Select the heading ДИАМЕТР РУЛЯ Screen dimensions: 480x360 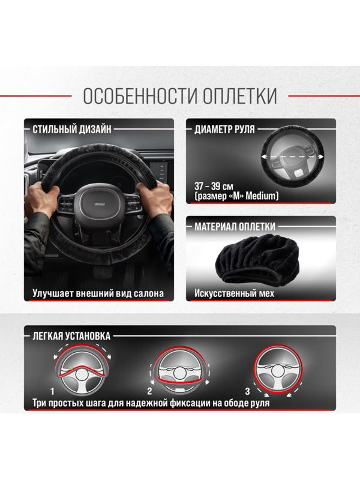[x=224, y=128]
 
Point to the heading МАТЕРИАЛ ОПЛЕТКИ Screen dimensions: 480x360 [x=235, y=226]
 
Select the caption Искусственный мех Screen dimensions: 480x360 [x=234, y=294]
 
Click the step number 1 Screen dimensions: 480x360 [x=53, y=391]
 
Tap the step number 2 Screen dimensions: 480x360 [x=150, y=391]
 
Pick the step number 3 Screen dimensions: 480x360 [x=247, y=391]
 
